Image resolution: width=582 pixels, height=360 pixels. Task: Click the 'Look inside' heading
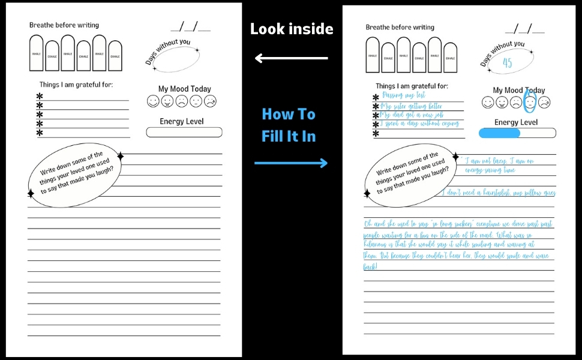click(x=292, y=29)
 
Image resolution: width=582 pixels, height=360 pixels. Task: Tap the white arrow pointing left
click(x=292, y=58)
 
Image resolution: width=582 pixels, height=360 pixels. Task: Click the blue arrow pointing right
click(x=292, y=163)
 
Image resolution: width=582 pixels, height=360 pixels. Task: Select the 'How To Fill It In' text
click(x=289, y=125)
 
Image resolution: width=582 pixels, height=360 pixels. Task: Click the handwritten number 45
click(x=508, y=63)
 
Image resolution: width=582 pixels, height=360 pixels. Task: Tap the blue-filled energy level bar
click(x=499, y=133)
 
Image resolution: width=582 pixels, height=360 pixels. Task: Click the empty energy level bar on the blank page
click(x=184, y=132)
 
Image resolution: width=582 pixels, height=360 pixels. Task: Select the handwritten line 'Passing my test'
click(x=404, y=95)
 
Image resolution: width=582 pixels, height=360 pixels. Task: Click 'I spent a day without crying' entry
click(x=420, y=124)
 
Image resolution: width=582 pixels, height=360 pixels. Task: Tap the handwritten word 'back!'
click(x=371, y=266)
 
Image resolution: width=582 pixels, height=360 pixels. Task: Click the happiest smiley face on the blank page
click(x=153, y=101)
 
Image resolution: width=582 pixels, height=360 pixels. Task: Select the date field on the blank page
click(x=191, y=27)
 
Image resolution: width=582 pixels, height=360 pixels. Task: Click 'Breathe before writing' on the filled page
click(x=400, y=28)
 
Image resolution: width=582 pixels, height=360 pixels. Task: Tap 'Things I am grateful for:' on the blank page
click(x=76, y=85)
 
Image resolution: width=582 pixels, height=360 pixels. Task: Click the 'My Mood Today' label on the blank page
click(x=185, y=89)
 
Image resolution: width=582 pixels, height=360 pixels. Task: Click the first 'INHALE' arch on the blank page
click(x=37, y=53)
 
